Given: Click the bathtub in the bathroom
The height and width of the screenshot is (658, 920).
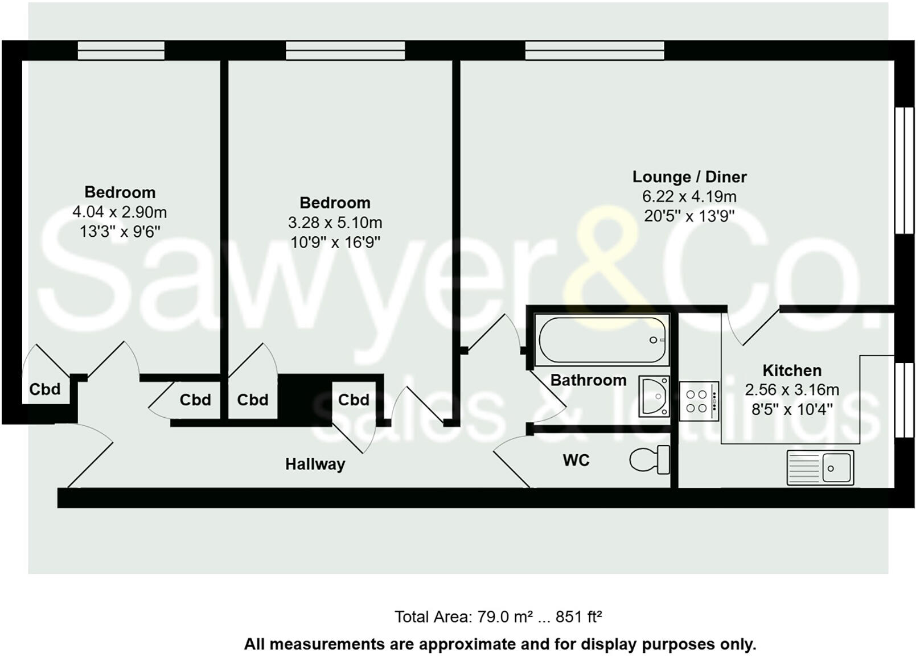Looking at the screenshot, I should (602, 340).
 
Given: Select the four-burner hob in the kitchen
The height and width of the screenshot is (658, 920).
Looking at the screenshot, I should (699, 401).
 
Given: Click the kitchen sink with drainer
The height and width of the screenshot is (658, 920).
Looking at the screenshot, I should (820, 468).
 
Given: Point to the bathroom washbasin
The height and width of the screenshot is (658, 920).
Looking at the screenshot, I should (654, 396).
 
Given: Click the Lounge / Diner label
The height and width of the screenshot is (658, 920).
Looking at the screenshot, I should (689, 177).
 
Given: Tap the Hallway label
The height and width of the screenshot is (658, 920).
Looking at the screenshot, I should (315, 464).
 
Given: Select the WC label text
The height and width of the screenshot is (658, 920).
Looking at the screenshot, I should (576, 460).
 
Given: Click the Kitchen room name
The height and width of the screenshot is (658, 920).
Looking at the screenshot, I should (792, 371).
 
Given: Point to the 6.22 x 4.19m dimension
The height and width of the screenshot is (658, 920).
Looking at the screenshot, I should (689, 197).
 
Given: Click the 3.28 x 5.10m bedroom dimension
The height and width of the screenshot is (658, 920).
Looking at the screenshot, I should (335, 223).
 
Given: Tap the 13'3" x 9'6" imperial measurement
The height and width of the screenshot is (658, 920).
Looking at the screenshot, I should (120, 232).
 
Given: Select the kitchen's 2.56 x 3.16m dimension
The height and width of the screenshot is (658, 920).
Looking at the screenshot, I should (792, 390).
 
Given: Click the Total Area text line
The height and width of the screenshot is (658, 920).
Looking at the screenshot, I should (498, 616).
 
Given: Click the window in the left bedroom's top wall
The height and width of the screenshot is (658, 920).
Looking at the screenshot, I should (121, 51).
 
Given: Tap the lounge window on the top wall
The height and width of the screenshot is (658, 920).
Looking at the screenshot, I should (594, 51).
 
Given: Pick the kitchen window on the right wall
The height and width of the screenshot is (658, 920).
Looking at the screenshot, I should (904, 400).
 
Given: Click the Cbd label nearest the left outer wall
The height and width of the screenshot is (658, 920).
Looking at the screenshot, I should (45, 389).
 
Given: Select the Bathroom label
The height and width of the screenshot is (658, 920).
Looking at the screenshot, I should (588, 380).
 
